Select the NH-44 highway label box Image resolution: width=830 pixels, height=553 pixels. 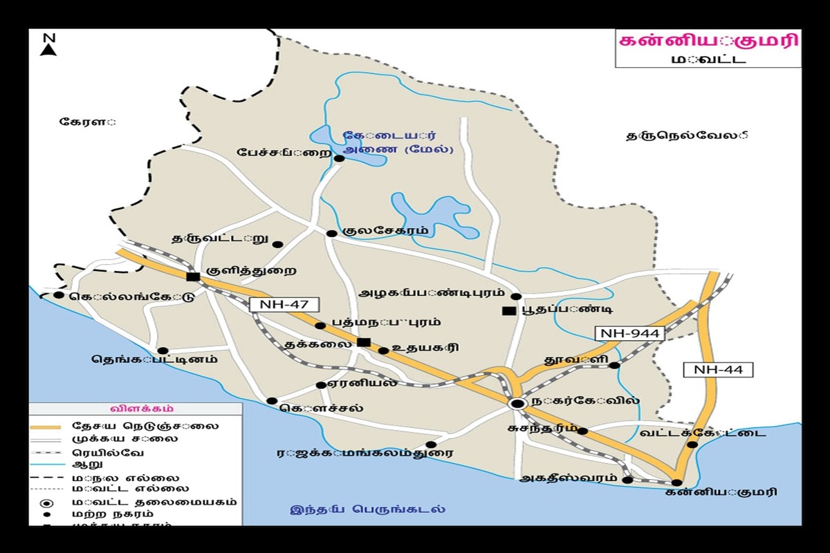[x=718, y=370]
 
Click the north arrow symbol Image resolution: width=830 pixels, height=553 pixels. [x=48, y=44]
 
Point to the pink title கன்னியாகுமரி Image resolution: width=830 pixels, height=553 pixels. [x=708, y=41]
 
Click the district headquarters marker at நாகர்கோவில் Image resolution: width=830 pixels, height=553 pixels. [x=517, y=403]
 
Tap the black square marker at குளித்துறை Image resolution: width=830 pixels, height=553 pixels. [x=193, y=276]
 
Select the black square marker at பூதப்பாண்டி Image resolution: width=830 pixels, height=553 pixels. [x=508, y=311]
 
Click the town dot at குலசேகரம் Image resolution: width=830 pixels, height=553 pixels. [x=331, y=233]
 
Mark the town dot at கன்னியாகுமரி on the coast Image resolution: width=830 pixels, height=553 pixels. [x=676, y=482]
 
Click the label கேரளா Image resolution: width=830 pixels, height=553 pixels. [x=87, y=122]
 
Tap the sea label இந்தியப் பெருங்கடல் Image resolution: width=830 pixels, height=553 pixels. [x=367, y=510]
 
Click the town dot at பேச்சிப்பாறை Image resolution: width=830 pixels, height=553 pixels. [x=339, y=158]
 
